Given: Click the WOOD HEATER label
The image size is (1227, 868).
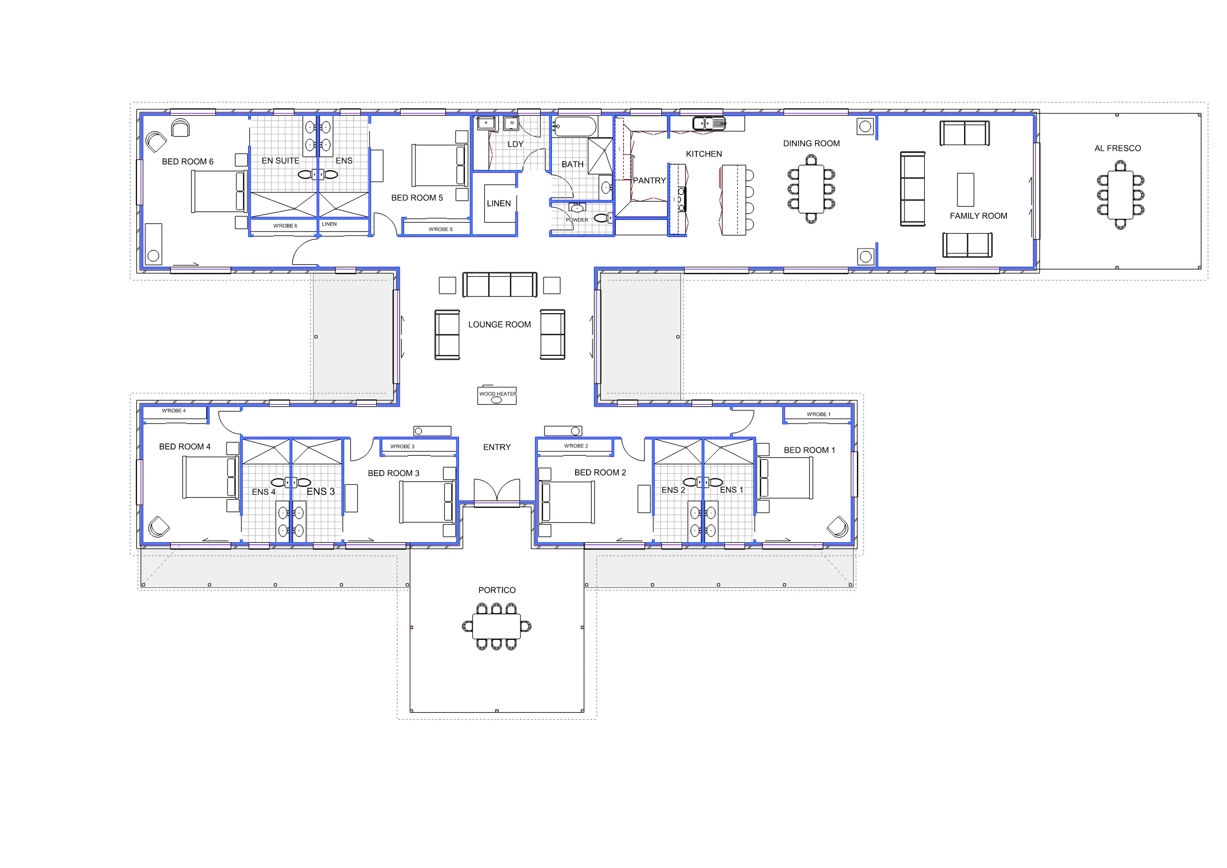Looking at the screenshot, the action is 498,394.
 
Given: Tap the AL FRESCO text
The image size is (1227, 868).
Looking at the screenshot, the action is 1117,148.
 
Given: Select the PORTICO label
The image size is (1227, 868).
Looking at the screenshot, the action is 497,590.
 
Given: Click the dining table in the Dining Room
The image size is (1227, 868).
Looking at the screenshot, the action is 811,189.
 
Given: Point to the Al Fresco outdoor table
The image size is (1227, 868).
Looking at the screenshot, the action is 1120,194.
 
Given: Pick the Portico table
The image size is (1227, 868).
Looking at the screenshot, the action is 497,627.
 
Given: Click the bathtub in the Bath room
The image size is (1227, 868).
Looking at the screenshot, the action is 575,127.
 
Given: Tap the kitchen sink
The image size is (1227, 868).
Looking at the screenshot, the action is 709,124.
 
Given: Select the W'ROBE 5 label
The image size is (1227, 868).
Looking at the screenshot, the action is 440,230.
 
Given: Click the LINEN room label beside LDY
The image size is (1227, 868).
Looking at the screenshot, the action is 499,203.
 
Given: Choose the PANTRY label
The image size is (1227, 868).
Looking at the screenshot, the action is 649,180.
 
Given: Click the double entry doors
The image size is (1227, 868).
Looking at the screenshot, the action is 497,490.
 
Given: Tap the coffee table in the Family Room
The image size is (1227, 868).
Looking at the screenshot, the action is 965,190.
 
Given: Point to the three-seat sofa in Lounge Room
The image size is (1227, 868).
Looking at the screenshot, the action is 500,285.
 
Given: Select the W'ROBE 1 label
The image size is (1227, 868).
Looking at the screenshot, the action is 818,415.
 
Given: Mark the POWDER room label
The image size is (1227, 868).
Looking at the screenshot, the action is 577,220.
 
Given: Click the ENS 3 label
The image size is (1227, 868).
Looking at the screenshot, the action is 320,491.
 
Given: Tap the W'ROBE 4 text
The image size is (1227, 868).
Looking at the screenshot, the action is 174,411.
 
